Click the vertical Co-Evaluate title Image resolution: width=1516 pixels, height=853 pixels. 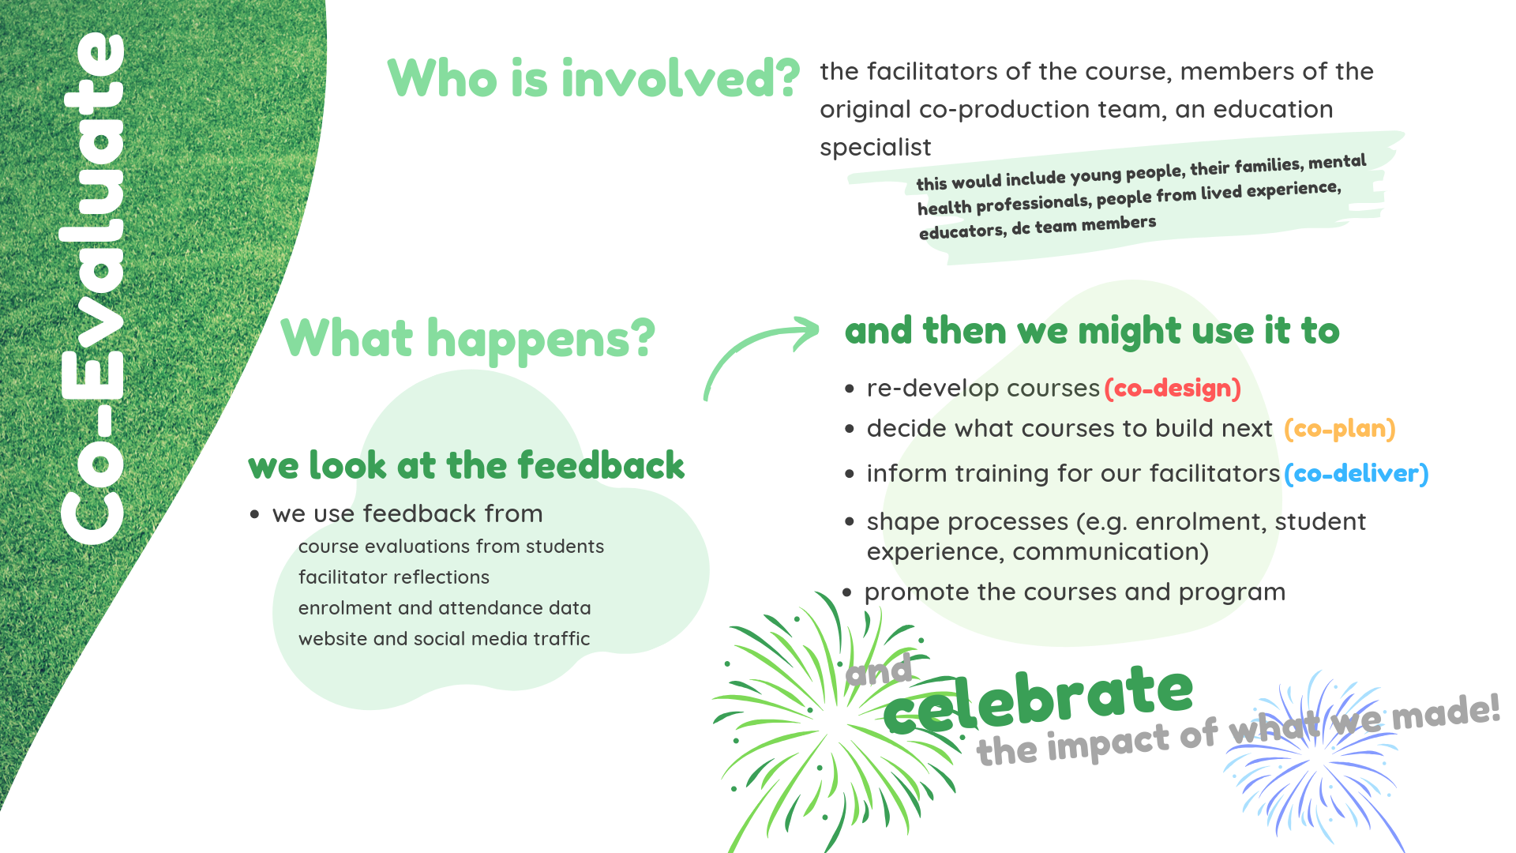92,288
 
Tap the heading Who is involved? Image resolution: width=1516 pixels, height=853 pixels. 594,78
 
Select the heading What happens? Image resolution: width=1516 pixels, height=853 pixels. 467,338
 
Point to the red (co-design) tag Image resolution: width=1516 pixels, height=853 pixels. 1173,389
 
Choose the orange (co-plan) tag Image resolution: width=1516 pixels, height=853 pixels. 1340,429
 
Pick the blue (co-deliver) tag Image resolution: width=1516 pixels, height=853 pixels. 1357,474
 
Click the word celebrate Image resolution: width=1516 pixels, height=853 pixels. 1038,698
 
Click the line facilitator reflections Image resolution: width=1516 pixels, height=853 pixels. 394,577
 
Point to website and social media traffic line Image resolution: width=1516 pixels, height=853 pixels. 444,639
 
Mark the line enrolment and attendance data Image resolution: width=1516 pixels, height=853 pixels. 445,608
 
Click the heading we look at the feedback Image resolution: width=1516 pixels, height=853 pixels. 466,465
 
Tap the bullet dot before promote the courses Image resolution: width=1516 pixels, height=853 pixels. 847,592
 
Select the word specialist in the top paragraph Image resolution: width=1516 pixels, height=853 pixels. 876,148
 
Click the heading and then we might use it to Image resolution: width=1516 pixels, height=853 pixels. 1092,331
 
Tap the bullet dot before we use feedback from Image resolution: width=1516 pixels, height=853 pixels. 254,514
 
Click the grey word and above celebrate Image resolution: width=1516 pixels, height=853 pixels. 879,671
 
